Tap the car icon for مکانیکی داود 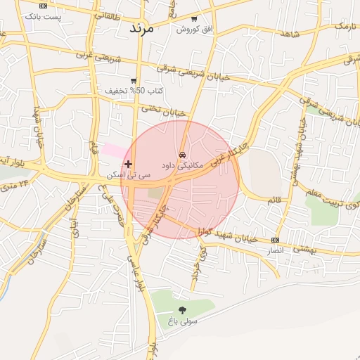pyautogui.click(x=182, y=153)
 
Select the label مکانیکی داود pyautogui.click(x=182, y=165)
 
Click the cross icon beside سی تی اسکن pyautogui.click(x=128, y=164)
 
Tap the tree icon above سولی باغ pyautogui.click(x=183, y=309)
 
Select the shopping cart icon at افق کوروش pyautogui.click(x=194, y=19)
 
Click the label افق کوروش pyautogui.click(x=193, y=30)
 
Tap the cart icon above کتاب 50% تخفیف pyautogui.click(x=134, y=81)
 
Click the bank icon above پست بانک pyautogui.click(x=44, y=6)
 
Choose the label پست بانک pyautogui.click(x=44, y=16)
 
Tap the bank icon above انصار pyautogui.click(x=275, y=240)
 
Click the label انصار pyautogui.click(x=276, y=250)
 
